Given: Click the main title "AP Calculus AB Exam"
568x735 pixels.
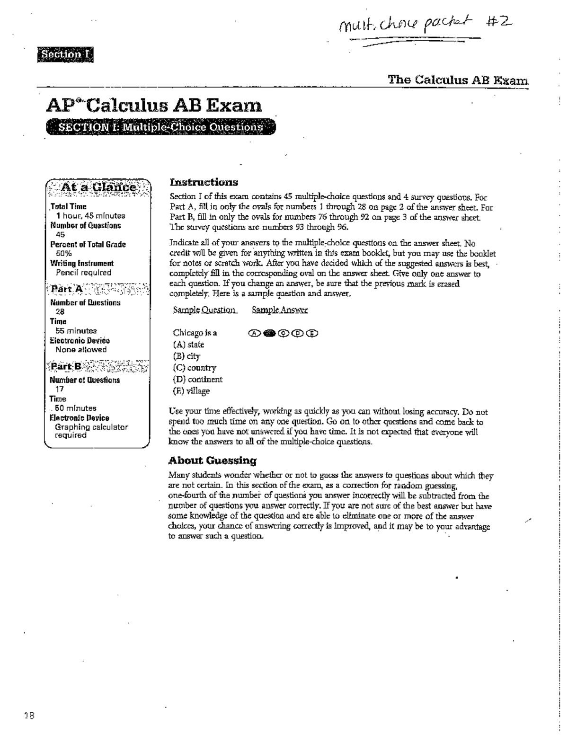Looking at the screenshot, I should point(154,105).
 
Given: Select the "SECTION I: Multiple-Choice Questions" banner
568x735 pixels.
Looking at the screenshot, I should point(160,127).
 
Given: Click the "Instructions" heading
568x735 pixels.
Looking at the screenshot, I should point(204,182).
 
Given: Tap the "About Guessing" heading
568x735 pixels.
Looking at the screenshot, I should point(213,460).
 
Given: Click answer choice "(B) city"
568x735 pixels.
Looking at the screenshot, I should point(186,356).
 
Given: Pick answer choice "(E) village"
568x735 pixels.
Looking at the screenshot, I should point(191,391).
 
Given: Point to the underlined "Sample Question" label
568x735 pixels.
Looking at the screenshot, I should point(204,310).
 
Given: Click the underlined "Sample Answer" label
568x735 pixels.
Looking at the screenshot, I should point(280,310).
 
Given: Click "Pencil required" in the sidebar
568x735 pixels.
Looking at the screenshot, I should point(83,273).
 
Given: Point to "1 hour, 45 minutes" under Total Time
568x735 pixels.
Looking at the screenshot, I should point(90,216).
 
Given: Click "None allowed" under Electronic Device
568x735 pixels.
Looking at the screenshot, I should point(81,350).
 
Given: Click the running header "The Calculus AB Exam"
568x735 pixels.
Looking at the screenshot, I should point(458,80).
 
